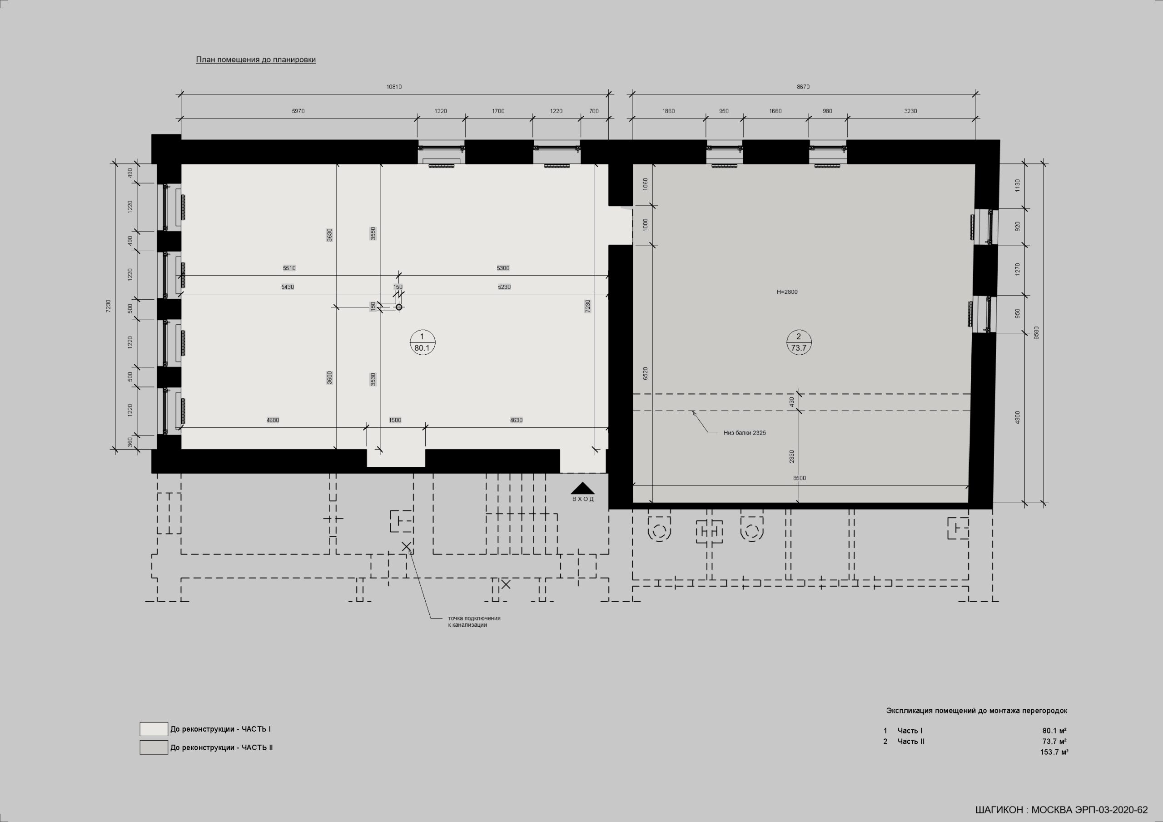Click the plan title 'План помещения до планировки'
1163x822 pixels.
click(x=256, y=60)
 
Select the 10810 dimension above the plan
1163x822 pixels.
click(x=394, y=87)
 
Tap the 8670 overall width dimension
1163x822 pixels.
click(x=803, y=87)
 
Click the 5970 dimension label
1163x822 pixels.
click(x=298, y=111)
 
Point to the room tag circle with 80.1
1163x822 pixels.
click(x=422, y=342)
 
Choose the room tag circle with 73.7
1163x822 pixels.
click(x=799, y=342)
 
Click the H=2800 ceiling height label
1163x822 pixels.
click(x=787, y=292)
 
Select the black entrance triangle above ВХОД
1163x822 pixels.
click(x=582, y=488)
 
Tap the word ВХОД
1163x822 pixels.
click(x=583, y=499)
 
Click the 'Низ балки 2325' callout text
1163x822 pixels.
click(x=745, y=433)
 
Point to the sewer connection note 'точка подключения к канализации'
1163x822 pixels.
click(x=474, y=621)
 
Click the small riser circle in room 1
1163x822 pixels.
click(x=398, y=307)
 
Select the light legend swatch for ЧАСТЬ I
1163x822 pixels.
click(x=154, y=729)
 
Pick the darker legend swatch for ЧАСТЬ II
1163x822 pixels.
click(x=154, y=748)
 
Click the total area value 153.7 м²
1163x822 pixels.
click(x=1054, y=752)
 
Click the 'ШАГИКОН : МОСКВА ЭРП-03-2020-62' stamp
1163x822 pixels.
click(x=1062, y=810)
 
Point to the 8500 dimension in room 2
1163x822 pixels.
click(x=799, y=478)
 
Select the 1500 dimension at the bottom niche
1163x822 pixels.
click(x=395, y=421)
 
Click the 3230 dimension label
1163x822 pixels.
click(x=911, y=111)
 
